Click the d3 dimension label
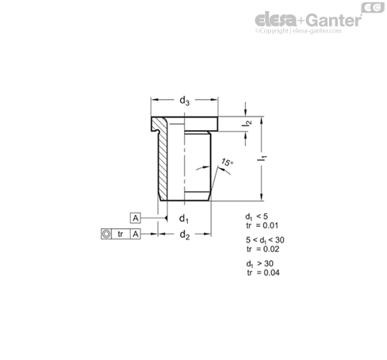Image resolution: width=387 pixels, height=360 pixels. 185,101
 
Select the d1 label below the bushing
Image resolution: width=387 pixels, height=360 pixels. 184,219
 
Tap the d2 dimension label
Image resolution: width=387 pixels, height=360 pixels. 185,235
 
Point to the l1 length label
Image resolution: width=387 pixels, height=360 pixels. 262,159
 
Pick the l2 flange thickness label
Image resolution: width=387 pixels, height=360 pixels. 247,124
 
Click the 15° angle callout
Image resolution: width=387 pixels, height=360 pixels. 227,162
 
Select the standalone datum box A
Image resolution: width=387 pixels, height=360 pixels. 136,218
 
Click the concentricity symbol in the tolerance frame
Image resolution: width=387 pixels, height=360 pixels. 106,234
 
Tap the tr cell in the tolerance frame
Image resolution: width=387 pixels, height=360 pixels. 121,234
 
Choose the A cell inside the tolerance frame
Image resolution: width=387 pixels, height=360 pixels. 136,234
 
